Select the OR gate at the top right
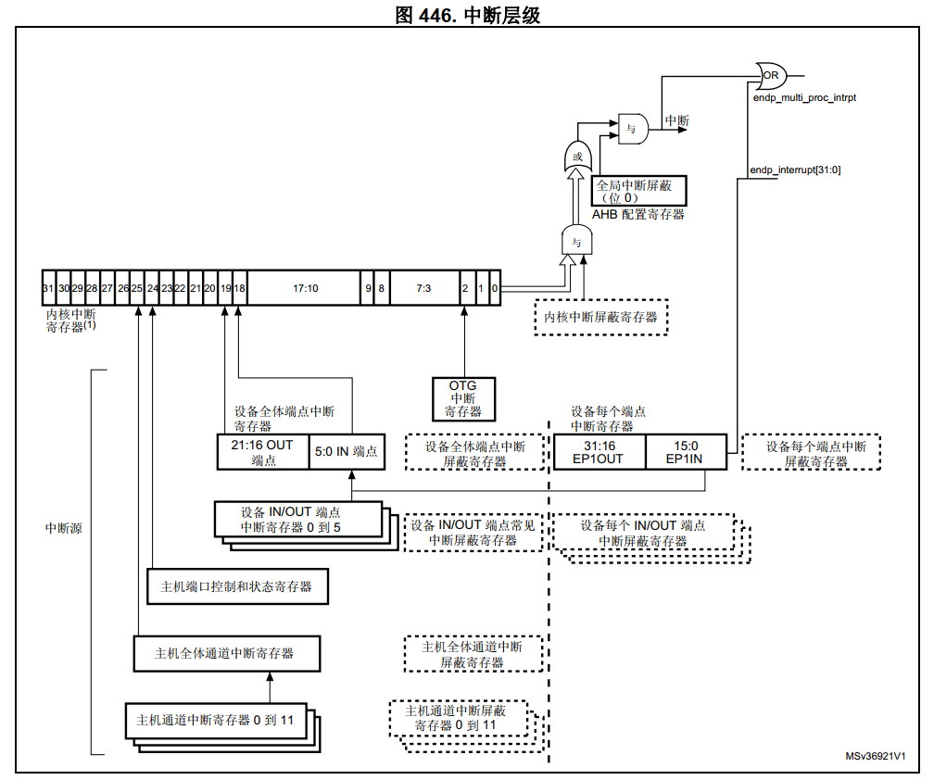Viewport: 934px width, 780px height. tap(770, 73)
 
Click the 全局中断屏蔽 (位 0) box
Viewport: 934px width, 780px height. tap(639, 191)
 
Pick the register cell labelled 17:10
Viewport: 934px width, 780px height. tap(305, 288)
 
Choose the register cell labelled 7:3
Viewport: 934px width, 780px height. tap(423, 288)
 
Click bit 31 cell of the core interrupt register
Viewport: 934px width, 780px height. tap(49, 288)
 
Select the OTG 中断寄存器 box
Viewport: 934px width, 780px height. tap(464, 398)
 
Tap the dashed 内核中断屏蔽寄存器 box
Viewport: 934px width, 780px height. tap(600, 317)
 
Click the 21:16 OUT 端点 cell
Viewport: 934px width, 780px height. tap(263, 451)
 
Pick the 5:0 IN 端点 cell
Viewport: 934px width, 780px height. tap(345, 451)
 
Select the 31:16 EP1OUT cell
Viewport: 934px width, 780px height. tap(599, 451)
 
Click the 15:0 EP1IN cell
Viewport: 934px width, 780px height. tap(687, 451)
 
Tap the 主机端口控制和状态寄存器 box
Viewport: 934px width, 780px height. tap(237, 586)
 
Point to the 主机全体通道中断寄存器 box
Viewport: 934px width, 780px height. tap(226, 653)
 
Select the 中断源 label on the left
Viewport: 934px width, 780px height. tap(64, 528)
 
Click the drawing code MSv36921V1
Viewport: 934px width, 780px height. tap(875, 756)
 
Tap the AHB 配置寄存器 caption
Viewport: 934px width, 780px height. tap(639, 214)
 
